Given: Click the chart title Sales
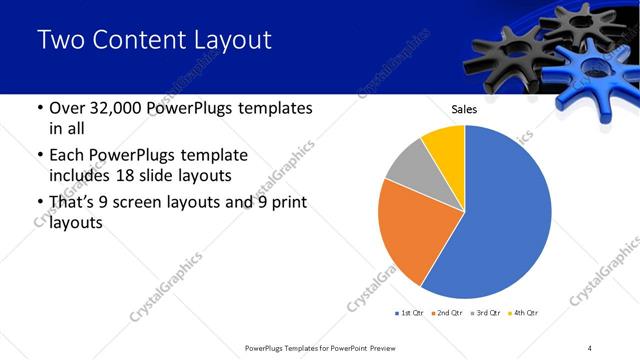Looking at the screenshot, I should [465, 109].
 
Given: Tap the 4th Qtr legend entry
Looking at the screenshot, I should [526, 313].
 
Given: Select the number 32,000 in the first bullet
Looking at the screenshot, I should [112, 108].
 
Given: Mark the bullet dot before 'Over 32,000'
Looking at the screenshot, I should [39, 108].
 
